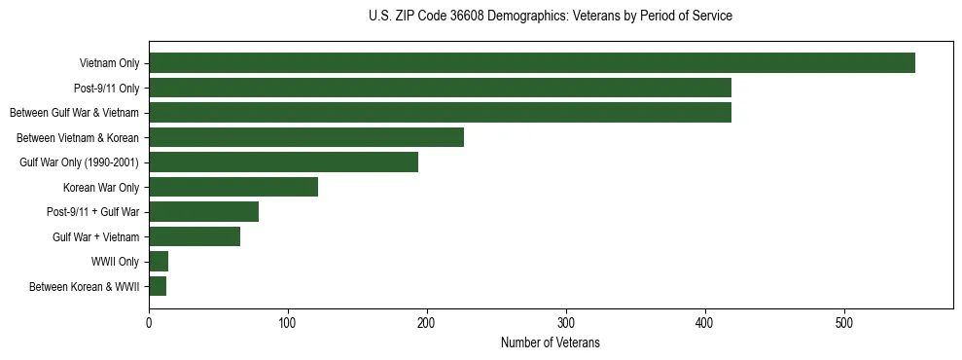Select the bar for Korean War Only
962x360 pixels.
(233, 187)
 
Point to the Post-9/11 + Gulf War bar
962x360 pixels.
(203, 212)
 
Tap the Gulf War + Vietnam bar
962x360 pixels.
(195, 236)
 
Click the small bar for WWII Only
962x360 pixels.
(159, 262)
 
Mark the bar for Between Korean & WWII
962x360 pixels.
(158, 286)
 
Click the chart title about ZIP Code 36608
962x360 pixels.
(551, 17)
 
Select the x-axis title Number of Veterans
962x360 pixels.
(551, 343)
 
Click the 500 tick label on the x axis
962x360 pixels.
(844, 322)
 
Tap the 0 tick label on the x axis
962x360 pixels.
(149, 322)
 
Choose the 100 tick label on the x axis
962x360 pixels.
(288, 322)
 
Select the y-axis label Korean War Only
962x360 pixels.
(101, 188)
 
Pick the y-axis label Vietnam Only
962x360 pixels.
(109, 64)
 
